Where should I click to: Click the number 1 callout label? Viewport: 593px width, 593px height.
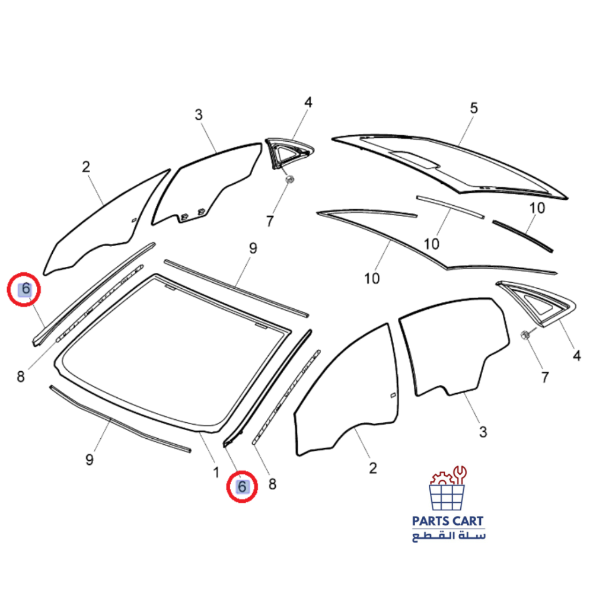click(216, 472)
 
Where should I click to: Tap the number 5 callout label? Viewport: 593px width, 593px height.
click(473, 109)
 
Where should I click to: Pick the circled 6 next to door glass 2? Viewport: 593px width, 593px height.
click(25, 290)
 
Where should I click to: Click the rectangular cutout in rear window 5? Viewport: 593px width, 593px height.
click(417, 158)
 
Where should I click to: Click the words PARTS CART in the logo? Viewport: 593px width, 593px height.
click(448, 521)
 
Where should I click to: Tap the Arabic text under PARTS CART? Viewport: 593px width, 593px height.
click(448, 536)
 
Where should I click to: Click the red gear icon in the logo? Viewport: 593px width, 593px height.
click(440, 479)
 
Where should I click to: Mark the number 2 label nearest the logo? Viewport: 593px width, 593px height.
click(372, 468)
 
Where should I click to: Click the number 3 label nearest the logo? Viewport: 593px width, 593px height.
click(483, 432)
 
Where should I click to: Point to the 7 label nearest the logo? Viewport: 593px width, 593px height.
click(544, 377)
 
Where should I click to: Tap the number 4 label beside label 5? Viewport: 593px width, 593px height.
click(308, 103)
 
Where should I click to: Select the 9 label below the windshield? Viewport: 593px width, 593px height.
click(90, 459)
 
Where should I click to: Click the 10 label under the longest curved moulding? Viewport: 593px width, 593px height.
click(372, 278)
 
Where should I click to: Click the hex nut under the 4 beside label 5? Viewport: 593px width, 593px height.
click(289, 179)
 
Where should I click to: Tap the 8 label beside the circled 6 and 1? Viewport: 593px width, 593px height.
click(272, 484)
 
